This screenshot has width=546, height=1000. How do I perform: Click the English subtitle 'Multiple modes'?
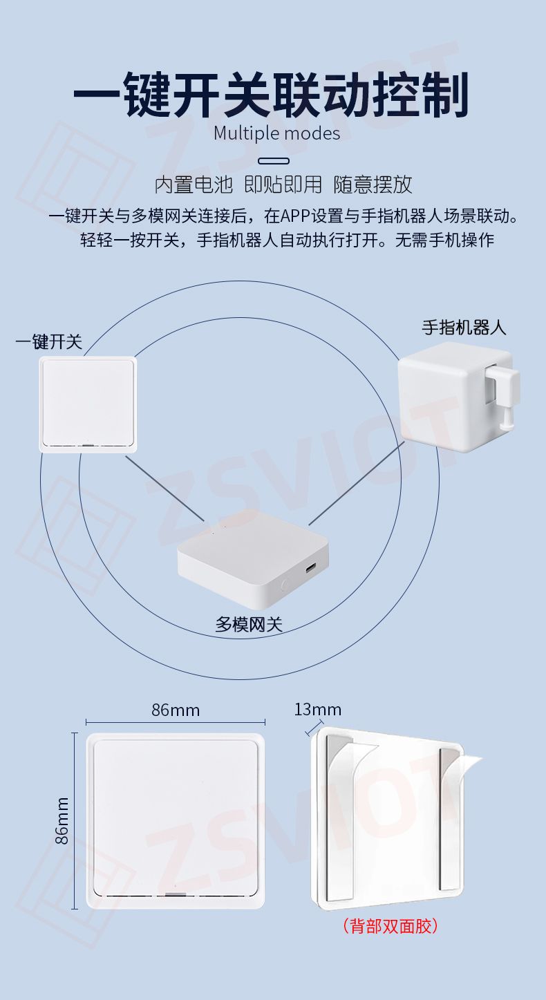(276, 133)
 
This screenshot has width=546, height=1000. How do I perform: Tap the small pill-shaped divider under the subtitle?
(274, 161)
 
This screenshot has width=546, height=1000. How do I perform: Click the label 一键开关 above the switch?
(48, 342)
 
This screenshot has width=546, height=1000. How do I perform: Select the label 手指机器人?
(464, 328)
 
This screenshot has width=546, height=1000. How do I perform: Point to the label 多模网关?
(249, 624)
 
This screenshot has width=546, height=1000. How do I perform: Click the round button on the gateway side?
(284, 583)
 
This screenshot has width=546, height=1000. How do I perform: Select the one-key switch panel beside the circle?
(88, 404)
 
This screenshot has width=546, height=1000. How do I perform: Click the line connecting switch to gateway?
(164, 489)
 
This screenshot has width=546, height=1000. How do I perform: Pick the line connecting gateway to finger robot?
(357, 483)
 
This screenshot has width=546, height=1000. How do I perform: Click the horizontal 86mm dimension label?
(176, 710)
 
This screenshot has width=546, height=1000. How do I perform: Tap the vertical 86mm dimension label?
(62, 820)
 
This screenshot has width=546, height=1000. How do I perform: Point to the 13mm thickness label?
(317, 709)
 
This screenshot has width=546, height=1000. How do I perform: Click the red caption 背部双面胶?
(390, 926)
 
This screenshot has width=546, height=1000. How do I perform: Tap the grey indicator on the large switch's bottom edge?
(173, 895)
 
